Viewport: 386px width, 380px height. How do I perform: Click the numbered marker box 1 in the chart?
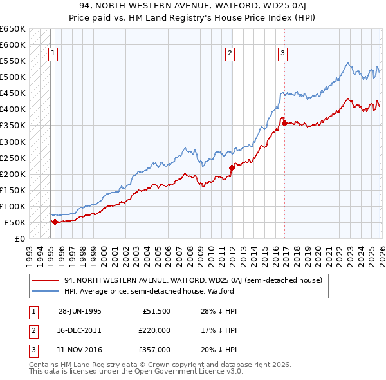tap(53, 53)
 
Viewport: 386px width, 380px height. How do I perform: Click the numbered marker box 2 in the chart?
tap(230, 53)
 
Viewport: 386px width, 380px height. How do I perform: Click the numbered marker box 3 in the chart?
tap(282, 53)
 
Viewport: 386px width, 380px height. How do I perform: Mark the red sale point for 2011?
tap(232, 167)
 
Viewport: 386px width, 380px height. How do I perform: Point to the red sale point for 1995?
tap(55, 222)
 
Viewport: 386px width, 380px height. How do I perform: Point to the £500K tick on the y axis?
tap(13, 77)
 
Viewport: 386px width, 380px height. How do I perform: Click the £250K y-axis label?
tap(13, 158)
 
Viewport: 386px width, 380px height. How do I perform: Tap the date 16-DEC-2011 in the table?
tap(80, 330)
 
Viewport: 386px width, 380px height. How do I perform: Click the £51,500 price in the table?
tap(157, 310)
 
